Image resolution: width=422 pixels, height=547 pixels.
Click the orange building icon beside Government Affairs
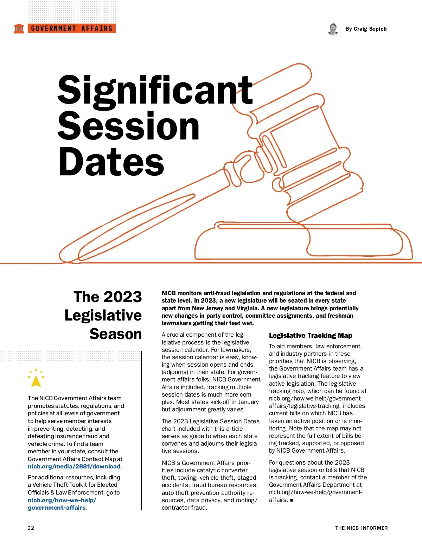pos(19,29)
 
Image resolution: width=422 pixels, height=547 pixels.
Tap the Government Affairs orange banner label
pos(72,29)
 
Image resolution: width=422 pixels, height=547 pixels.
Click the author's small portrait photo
pos(333,29)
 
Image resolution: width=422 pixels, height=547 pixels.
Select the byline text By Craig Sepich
pos(366,29)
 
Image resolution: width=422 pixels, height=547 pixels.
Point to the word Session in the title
pos(128,126)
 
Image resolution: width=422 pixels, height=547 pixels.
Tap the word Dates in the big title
pos(111,162)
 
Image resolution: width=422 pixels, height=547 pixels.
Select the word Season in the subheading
pos(116,334)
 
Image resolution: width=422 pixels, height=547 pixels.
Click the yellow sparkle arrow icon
pos(36,379)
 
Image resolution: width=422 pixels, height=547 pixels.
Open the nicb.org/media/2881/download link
pos(74,466)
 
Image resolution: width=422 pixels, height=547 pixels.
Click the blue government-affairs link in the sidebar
pos(57,508)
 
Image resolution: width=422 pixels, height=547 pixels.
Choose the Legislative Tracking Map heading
pos(311,335)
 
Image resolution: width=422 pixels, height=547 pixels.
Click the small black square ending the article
pos(292,500)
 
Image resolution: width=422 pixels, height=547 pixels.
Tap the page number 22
pos(31,528)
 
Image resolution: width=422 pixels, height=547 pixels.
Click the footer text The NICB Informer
pos(361,528)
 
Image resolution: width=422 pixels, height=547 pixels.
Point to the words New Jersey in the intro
pos(207,308)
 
